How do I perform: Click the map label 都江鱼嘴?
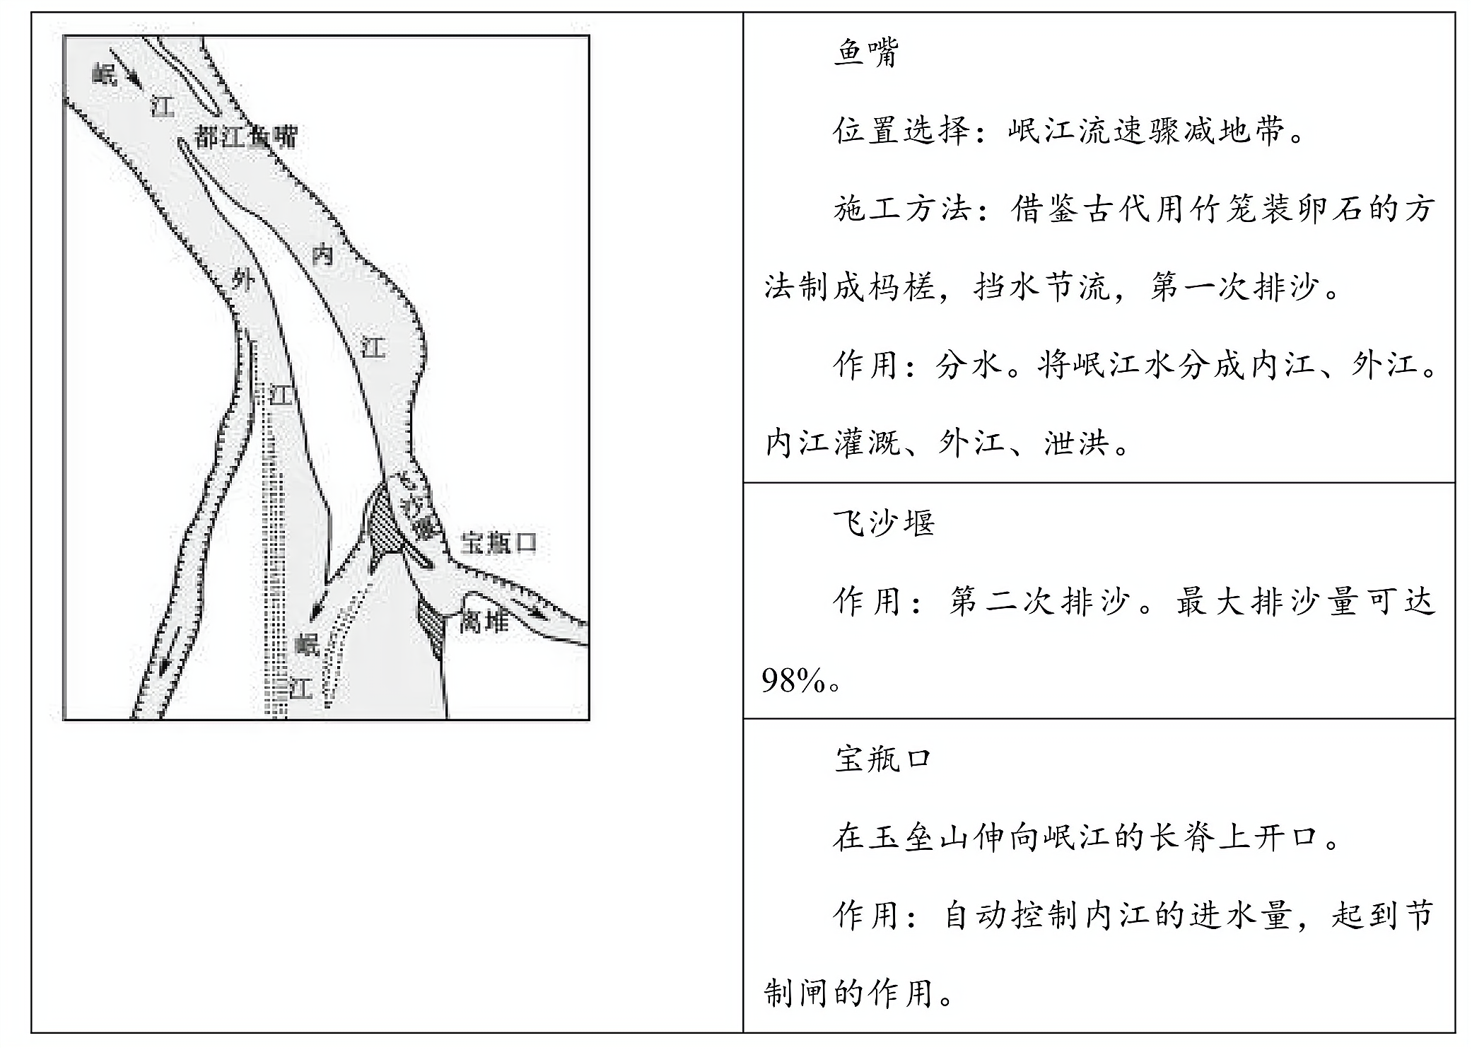coord(245,136)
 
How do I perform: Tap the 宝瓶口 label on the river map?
coord(498,543)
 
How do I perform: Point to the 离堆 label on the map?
coord(484,622)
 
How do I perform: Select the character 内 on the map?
coord(322,254)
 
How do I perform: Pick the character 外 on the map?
coord(243,281)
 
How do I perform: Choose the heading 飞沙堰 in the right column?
coord(883,523)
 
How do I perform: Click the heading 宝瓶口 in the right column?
coord(883,759)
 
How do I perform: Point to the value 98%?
coord(793,681)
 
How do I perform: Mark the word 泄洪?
coord(1076,443)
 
